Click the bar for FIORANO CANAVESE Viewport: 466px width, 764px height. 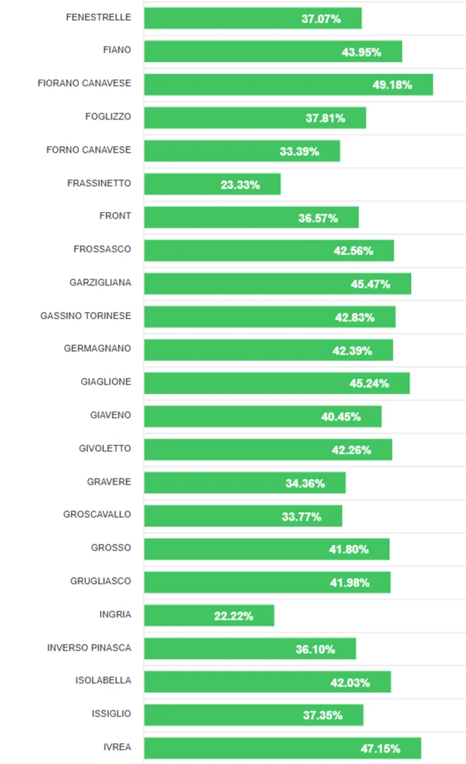pyautogui.click(x=288, y=85)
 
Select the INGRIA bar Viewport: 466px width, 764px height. pyautogui.click(x=209, y=616)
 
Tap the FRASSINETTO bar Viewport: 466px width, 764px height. pyautogui.click(x=212, y=185)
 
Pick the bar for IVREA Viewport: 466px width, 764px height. pyautogui.click(x=283, y=748)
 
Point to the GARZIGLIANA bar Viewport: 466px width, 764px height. pyautogui.click(x=277, y=284)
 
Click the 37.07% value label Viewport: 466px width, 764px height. pyautogui.click(x=321, y=19)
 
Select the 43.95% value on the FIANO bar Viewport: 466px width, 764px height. pyautogui.click(x=361, y=52)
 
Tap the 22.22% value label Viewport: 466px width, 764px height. pyautogui.click(x=234, y=616)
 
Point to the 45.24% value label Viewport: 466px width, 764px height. pyautogui.click(x=369, y=383)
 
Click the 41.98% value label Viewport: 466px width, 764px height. pyautogui.click(x=349, y=583)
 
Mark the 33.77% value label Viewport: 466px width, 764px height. pyautogui.click(x=302, y=516)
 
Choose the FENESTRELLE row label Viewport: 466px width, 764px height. pyautogui.click(x=98, y=17)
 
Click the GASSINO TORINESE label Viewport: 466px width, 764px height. pyautogui.click(x=86, y=316)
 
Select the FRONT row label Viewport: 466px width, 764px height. pyautogui.click(x=115, y=216)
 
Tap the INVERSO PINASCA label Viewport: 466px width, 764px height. pyautogui.click(x=89, y=647)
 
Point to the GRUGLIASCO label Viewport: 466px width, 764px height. pyautogui.click(x=101, y=581)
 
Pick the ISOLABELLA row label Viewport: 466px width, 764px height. pyautogui.click(x=103, y=680)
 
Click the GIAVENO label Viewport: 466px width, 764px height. pyautogui.click(x=111, y=415)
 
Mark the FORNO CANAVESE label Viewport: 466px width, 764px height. pyautogui.click(x=89, y=150)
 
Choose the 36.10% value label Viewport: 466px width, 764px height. pyautogui.click(x=315, y=649)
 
